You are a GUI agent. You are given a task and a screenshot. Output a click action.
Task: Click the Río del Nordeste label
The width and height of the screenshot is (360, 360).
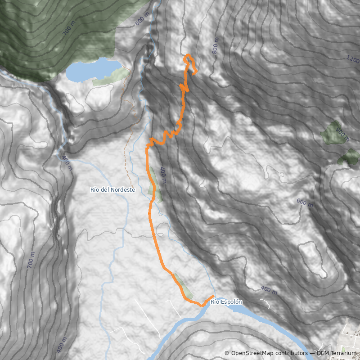point(112,190)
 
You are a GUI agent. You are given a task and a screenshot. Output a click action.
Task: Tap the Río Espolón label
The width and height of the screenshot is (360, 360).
point(226,302)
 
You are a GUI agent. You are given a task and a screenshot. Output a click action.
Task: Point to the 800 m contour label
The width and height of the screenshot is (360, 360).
point(215,46)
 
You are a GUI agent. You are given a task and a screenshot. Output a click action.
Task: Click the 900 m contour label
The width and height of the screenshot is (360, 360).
point(342,135)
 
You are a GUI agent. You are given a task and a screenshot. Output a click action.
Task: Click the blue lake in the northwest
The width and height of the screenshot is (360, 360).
point(92,70)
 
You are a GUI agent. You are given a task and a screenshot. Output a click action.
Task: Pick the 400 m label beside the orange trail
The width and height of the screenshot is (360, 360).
point(163,176)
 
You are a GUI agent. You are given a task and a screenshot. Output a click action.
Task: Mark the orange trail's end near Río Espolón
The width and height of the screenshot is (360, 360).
point(212,296)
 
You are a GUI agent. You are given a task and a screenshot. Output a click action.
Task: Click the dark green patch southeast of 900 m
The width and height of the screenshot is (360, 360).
point(349,157)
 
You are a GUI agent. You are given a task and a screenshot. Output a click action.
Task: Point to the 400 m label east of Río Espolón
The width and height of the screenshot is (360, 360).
point(269,291)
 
